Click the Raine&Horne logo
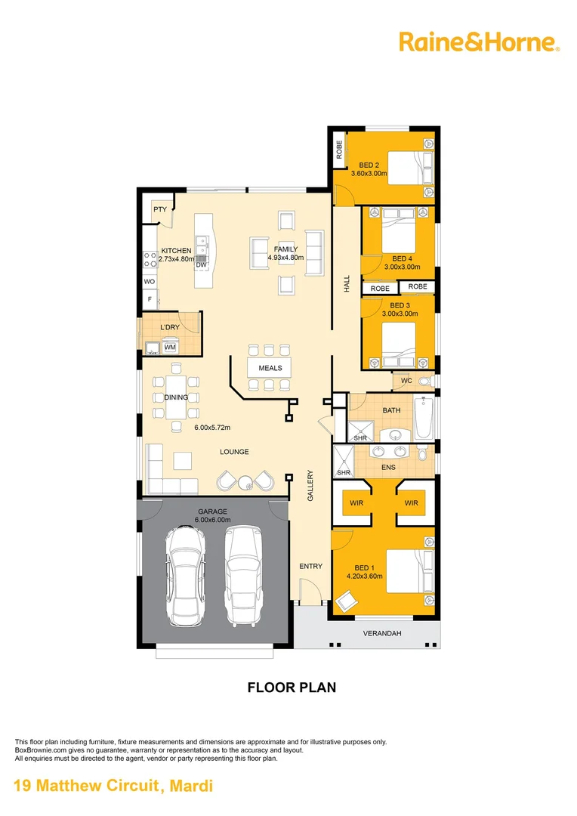point(479,42)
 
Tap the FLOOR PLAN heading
point(292,688)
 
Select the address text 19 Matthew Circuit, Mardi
point(114,786)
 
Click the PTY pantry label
point(160,210)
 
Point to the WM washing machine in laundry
point(170,347)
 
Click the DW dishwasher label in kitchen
point(201,265)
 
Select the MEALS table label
point(270,368)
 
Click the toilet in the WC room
point(424,382)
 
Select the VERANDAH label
point(381,633)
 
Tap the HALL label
point(347,284)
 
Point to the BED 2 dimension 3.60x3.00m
point(369,173)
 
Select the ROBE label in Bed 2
point(339,150)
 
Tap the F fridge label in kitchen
point(150,300)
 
